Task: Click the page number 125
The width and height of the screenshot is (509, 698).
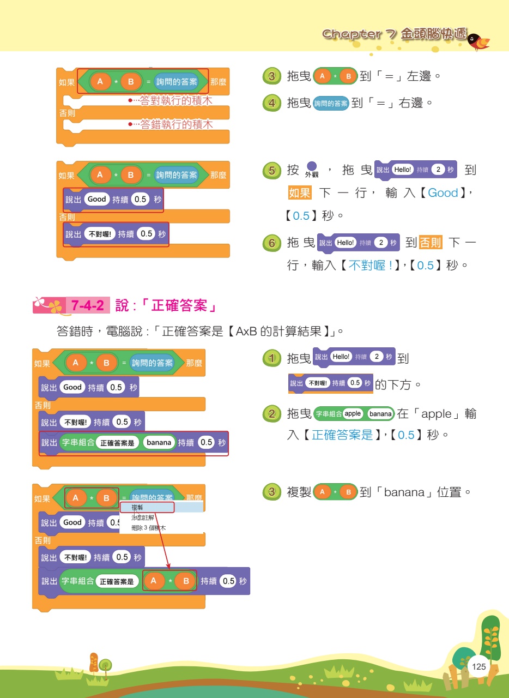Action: coord(478,666)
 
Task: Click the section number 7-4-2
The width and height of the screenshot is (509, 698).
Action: coord(88,305)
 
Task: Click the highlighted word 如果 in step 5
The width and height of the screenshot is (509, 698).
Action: coord(300,192)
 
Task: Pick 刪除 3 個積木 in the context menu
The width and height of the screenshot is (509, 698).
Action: coord(148,528)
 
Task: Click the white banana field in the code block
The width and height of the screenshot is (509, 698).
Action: coord(159,443)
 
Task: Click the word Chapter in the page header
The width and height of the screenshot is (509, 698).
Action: coord(352,34)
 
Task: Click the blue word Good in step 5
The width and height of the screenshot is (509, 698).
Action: coord(443,193)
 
